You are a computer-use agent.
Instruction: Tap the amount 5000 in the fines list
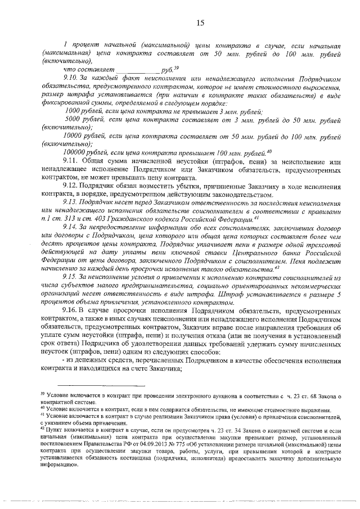click(74, 120)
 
